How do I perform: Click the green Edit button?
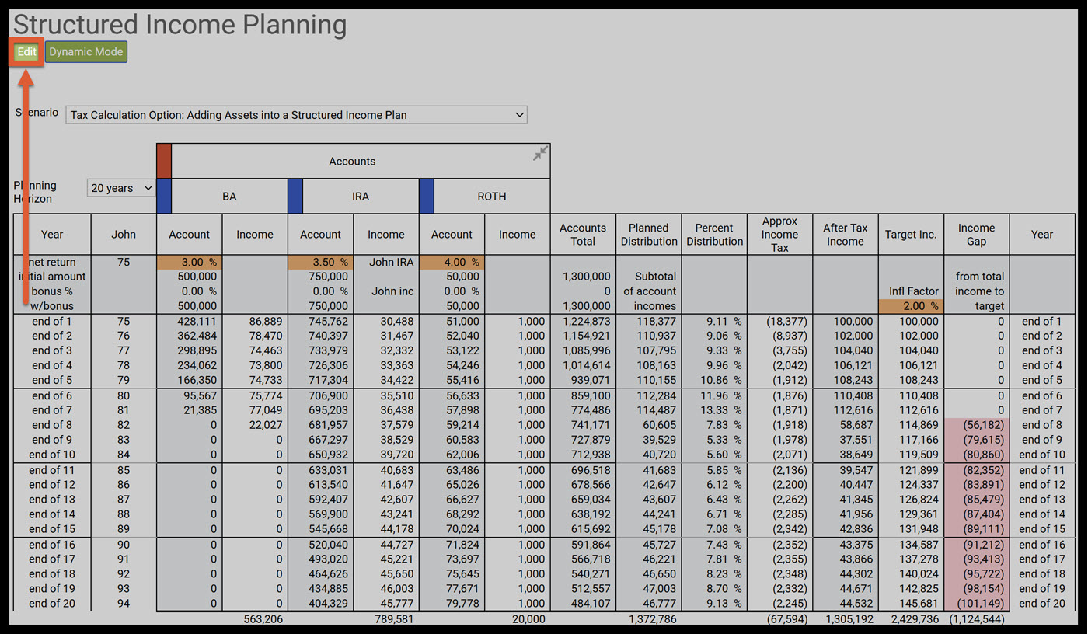[x=26, y=52]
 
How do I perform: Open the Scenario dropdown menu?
[x=296, y=115]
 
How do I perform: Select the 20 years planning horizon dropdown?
[x=121, y=188]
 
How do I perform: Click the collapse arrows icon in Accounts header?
[x=540, y=153]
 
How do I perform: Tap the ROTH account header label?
[x=491, y=197]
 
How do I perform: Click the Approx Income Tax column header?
[x=779, y=235]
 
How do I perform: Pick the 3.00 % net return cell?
[x=190, y=263]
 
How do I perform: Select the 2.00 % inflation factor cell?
[x=911, y=306]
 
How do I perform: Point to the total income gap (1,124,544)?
[x=977, y=619]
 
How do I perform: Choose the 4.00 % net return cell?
[x=452, y=263]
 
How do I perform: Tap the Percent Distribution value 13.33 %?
[x=714, y=410]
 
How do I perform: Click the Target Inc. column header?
[x=911, y=235]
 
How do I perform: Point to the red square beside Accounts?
[x=164, y=161]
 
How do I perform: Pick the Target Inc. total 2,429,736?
[x=911, y=619]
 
